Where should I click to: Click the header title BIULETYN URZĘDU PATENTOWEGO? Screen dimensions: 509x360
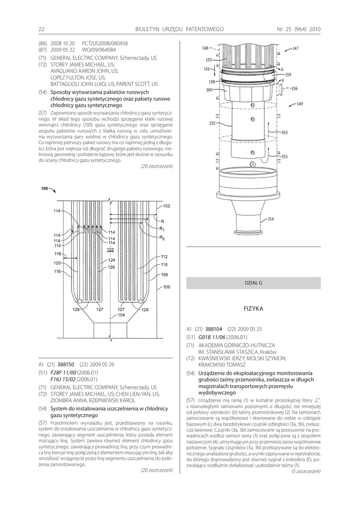point(179,29)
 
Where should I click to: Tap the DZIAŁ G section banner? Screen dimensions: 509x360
point(253,283)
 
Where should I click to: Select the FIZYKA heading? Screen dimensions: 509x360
point(253,309)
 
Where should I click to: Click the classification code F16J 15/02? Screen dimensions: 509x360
point(67,379)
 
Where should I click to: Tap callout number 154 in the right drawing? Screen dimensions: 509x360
point(270,219)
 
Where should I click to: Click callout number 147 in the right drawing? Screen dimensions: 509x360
point(295,48)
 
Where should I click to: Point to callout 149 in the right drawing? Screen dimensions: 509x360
point(300,104)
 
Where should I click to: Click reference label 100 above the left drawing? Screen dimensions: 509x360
point(44,188)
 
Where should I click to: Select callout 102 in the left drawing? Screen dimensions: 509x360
point(167,206)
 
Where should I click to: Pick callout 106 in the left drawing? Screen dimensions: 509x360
point(166,287)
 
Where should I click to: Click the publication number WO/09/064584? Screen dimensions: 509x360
point(98,50)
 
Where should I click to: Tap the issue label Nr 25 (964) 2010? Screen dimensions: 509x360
point(298,29)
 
